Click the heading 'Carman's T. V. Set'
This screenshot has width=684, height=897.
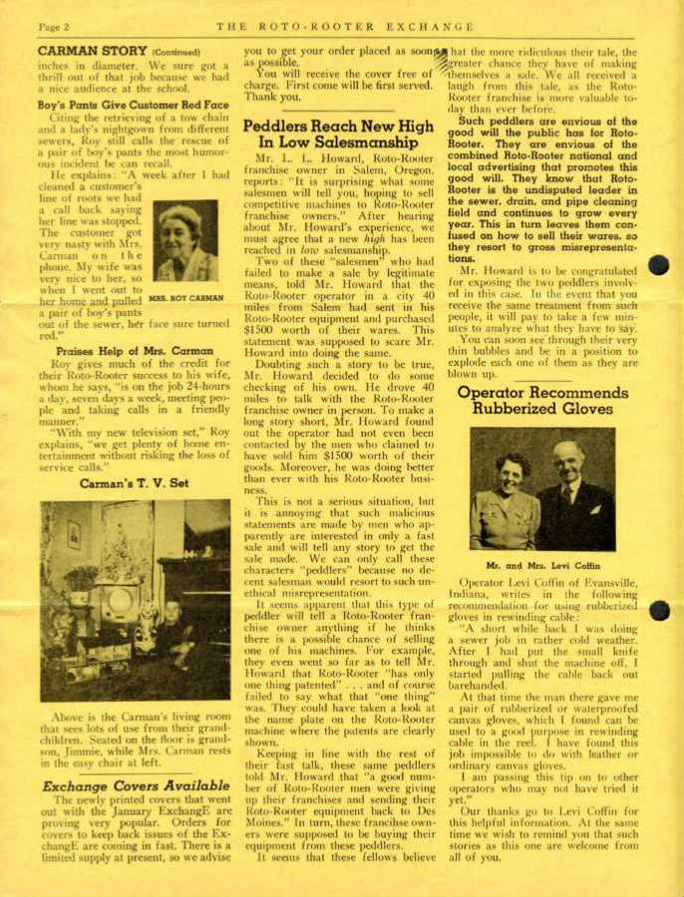tap(134, 483)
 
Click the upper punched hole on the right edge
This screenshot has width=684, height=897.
tap(659, 265)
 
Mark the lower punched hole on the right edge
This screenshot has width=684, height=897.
tap(659, 610)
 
